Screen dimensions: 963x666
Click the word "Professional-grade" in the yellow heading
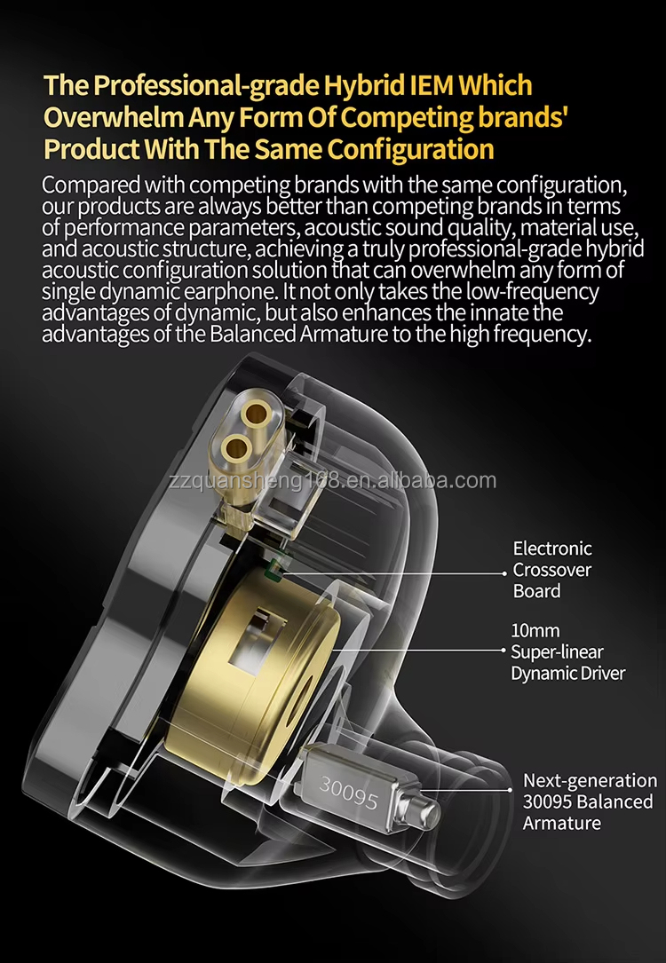tap(196, 86)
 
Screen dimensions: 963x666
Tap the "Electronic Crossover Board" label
tap(551, 570)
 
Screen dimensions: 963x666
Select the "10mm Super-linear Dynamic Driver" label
tap(567, 651)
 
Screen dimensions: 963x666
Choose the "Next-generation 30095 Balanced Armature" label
tap(589, 801)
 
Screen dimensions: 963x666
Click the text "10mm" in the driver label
tap(535, 630)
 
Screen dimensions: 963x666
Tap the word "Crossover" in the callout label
tap(551, 570)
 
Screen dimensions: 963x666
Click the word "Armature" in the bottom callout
tap(561, 823)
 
